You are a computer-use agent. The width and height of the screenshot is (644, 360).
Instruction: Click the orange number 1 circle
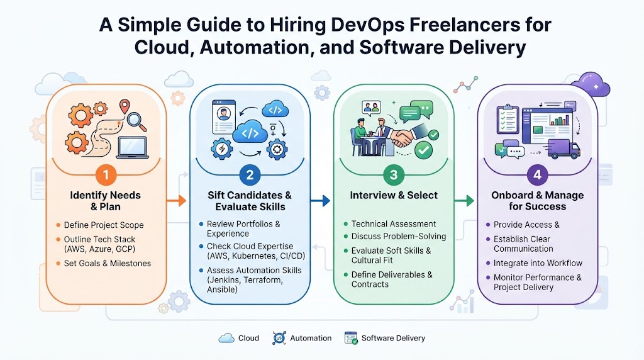[106, 175]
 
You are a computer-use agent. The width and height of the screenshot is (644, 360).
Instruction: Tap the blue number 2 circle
[250, 175]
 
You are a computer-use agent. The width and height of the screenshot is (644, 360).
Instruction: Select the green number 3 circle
[394, 175]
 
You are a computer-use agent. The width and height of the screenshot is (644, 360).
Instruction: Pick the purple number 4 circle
[537, 175]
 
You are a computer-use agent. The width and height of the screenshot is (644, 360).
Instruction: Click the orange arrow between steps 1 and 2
[177, 201]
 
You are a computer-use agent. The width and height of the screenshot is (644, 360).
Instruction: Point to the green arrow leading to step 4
[464, 201]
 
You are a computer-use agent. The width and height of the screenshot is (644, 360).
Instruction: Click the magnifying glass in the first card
[136, 121]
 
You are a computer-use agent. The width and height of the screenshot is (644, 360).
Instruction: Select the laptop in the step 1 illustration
[132, 148]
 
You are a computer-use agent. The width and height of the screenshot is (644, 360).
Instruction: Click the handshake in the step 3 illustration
[403, 138]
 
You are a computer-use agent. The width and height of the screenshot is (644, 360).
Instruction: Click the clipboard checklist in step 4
[508, 119]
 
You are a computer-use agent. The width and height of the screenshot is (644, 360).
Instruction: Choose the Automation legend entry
[302, 338]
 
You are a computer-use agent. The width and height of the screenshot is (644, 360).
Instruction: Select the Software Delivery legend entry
[385, 338]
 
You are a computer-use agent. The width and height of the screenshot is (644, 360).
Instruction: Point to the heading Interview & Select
[394, 195]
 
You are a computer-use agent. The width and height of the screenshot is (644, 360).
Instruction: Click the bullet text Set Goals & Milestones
[107, 264]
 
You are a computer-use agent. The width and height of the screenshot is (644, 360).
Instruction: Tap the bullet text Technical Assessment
[394, 224]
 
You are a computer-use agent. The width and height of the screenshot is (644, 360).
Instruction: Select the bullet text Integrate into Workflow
[538, 263]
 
